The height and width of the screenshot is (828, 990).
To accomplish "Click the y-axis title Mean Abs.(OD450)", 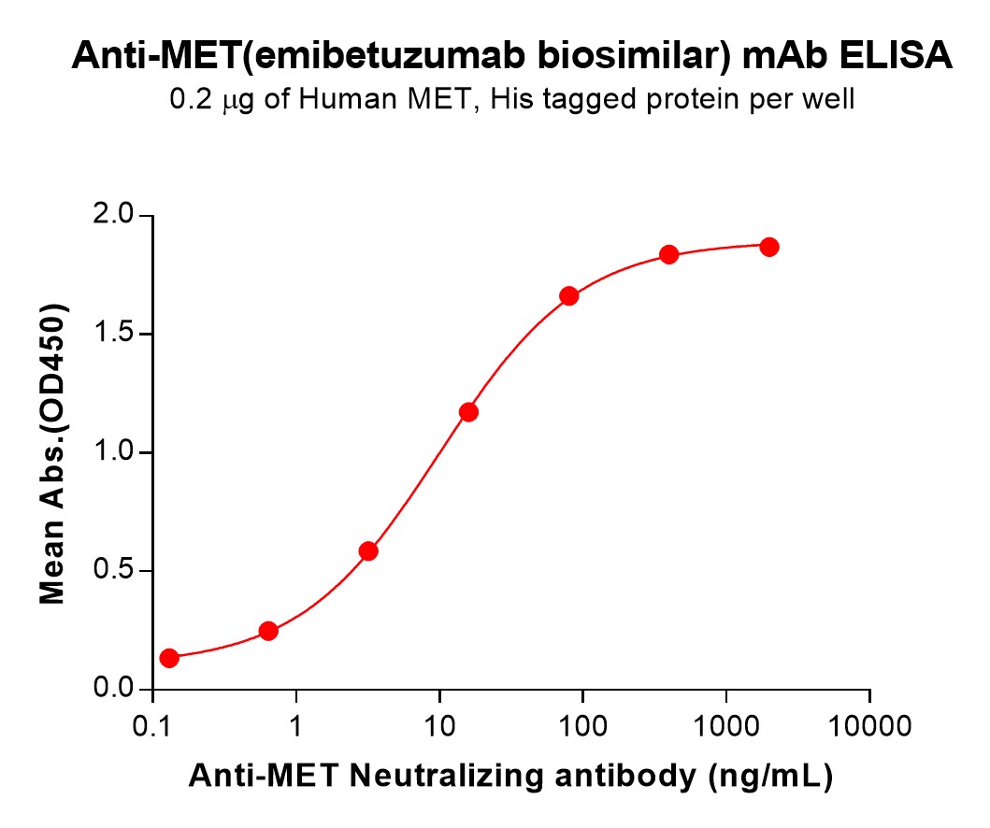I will click(x=52, y=453).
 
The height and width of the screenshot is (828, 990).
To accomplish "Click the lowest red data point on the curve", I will click(x=169, y=658).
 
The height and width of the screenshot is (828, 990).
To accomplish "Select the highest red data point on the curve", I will click(x=769, y=247).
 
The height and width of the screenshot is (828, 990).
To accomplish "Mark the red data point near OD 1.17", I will click(x=469, y=412).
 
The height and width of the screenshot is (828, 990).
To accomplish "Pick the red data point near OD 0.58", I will click(x=368, y=550).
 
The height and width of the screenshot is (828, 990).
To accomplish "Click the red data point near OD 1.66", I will click(x=569, y=296).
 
